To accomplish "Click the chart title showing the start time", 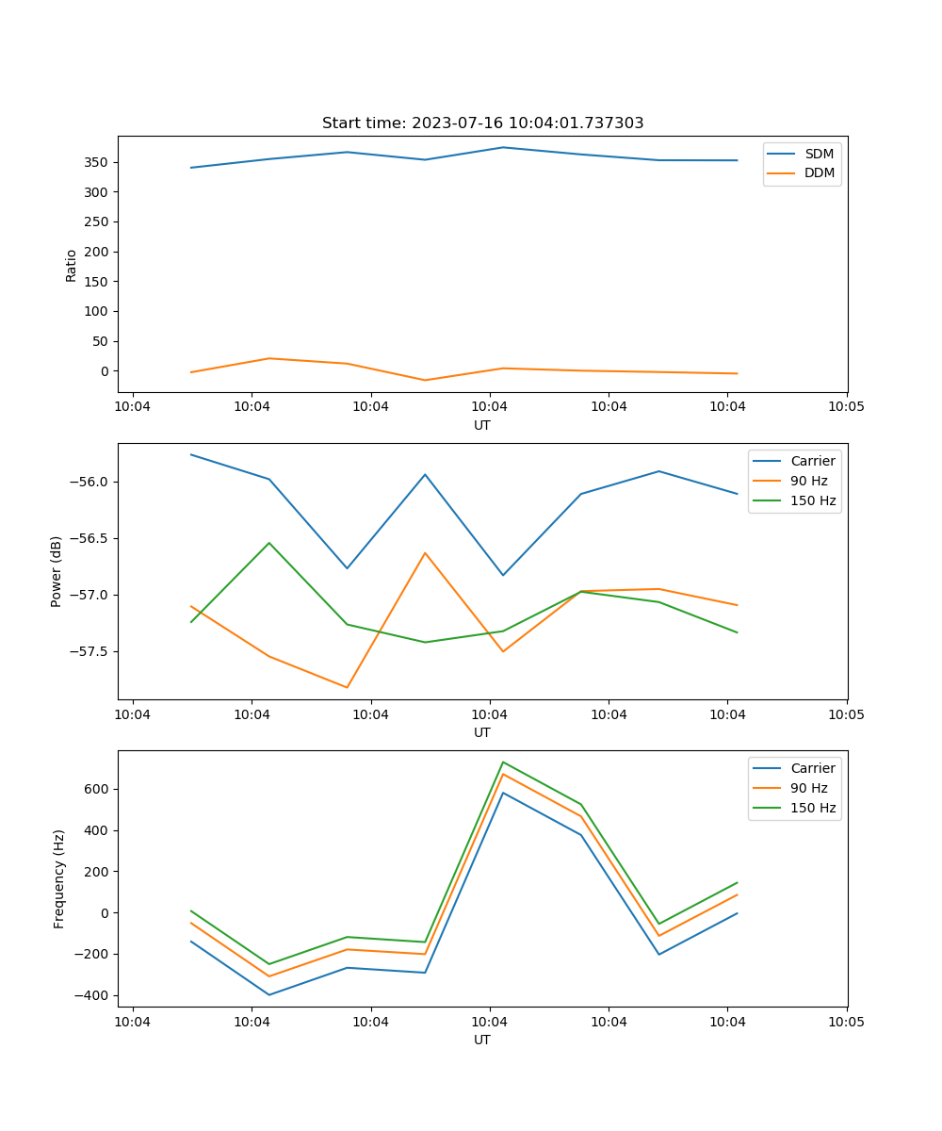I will [x=482, y=123].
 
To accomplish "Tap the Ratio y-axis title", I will [x=72, y=265].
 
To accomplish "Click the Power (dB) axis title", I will [x=57, y=571].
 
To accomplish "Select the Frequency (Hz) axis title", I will [x=59, y=878].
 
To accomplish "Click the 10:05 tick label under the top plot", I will [x=846, y=407].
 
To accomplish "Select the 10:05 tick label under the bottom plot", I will [x=846, y=1022].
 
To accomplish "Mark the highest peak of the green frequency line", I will [x=503, y=762].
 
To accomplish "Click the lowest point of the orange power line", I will [x=347, y=687].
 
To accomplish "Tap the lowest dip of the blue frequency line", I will [x=269, y=994].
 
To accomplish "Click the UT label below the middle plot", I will [x=482, y=732].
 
